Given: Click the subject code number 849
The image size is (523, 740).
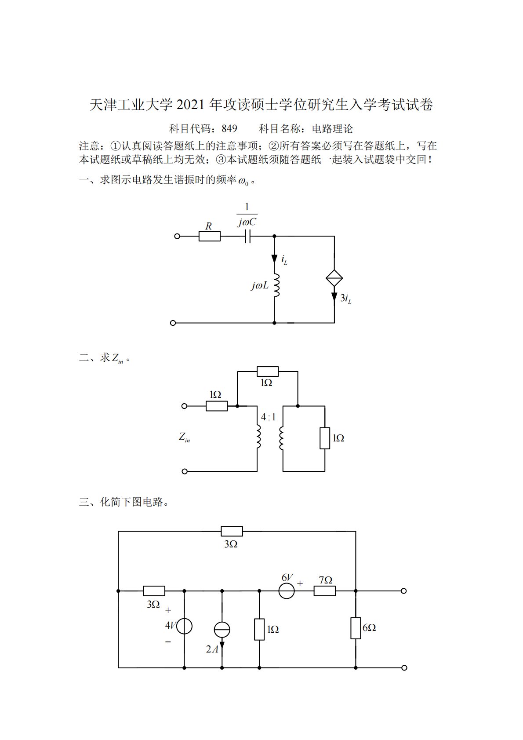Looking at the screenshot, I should [229, 129].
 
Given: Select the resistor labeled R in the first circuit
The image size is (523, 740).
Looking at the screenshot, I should [209, 236].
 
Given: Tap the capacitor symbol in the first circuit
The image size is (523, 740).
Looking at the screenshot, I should [247, 236].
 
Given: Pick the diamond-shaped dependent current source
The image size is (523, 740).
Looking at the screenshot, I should [334, 278].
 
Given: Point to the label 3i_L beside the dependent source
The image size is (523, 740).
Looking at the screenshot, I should [345, 299].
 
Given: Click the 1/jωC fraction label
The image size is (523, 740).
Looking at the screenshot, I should [247, 215].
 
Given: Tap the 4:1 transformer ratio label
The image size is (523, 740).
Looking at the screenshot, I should [268, 417].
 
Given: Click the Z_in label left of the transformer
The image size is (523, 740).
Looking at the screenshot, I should [184, 437].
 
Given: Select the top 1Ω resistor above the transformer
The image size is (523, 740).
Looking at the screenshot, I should [267, 371].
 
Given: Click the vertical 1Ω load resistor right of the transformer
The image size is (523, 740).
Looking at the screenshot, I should [324, 438].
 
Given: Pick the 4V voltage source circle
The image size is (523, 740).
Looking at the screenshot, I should [184, 626].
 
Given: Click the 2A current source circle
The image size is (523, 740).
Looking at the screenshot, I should [222, 630].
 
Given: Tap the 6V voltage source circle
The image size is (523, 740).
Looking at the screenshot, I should [287, 591].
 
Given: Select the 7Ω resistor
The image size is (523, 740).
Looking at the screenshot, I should [324, 591].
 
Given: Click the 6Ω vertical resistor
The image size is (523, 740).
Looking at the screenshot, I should [355, 628].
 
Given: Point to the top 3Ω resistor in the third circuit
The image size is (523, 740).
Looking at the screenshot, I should [232, 531].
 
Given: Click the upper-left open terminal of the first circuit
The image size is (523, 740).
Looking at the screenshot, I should [177, 236].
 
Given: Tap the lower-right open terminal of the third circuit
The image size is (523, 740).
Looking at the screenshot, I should [404, 667].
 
